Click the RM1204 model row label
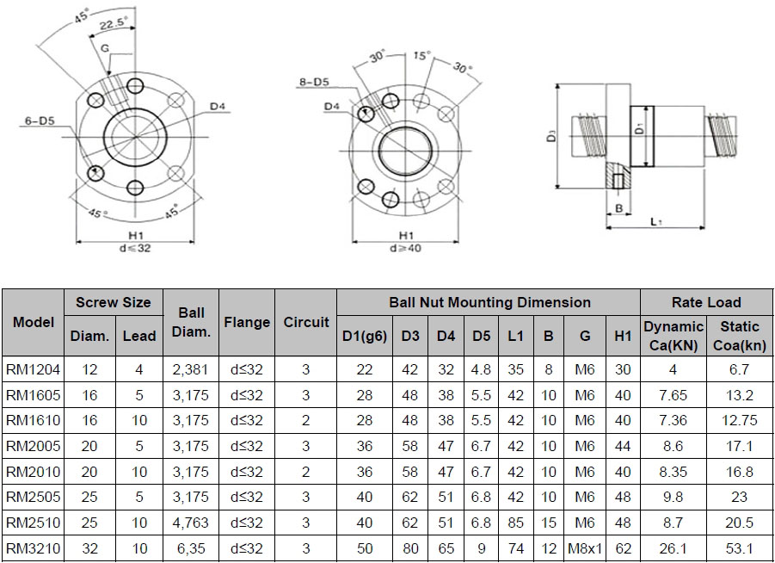click(33, 369)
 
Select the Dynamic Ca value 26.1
click(673, 548)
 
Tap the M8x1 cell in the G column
click(585, 548)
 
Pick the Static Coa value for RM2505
click(739, 497)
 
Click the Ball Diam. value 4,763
click(191, 523)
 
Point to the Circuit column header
click(305, 323)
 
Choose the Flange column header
click(247, 323)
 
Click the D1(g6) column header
click(365, 336)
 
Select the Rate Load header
click(705, 302)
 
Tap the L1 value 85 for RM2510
click(515, 523)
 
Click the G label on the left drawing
click(104, 50)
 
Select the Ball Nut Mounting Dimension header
click(489, 302)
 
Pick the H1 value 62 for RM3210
click(623, 548)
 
